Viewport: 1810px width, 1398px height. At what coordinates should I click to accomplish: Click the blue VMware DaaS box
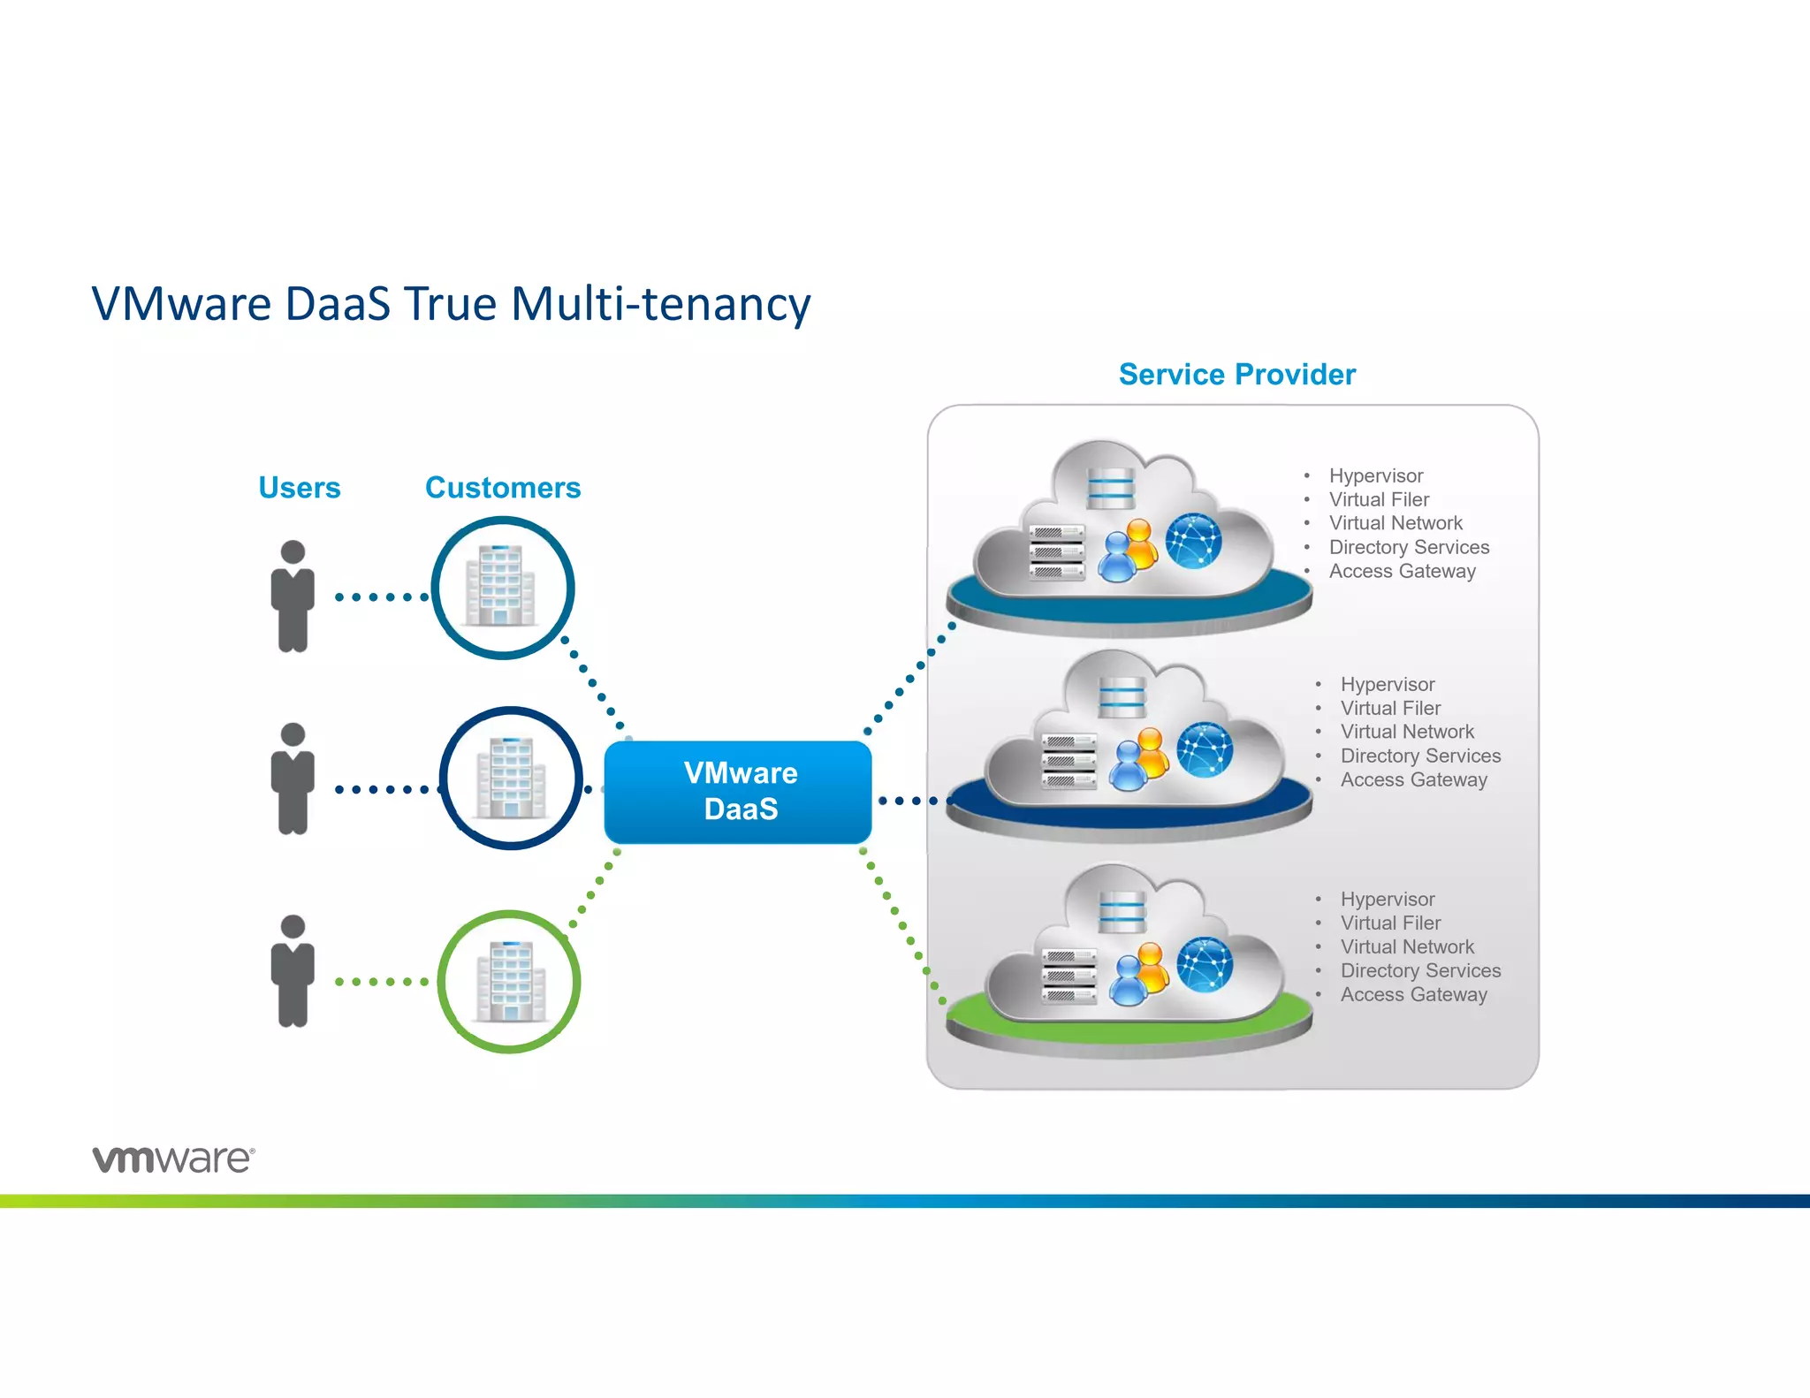[738, 791]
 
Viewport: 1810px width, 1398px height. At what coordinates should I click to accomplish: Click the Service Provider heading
[1236, 375]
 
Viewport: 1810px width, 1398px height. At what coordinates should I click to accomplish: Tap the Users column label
[299, 488]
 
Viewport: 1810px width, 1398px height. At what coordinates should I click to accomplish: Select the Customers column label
[502, 488]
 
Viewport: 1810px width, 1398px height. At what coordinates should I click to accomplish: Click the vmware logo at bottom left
[173, 1159]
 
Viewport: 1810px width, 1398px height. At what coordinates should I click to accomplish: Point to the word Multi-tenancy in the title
[660, 304]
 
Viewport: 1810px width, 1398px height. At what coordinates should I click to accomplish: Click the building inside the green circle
[511, 981]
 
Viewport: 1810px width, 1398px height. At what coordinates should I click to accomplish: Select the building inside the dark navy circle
[511, 778]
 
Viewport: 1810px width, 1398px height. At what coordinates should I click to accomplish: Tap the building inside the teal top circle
[501, 586]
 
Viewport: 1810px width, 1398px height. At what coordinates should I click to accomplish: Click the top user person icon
[293, 596]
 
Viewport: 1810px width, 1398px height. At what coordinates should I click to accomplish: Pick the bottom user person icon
[293, 970]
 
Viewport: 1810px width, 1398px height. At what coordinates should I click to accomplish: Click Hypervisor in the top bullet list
[1375, 475]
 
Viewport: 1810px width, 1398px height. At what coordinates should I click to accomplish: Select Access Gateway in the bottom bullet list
[1413, 994]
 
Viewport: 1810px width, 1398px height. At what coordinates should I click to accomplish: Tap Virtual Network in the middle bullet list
[1407, 732]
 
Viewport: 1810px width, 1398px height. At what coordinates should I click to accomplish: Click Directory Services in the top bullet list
[1409, 547]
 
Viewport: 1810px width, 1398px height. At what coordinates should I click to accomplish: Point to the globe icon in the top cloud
[1193, 541]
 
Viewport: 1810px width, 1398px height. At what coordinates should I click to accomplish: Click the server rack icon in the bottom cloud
[1069, 976]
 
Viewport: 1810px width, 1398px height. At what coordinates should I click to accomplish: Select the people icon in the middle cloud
[1139, 760]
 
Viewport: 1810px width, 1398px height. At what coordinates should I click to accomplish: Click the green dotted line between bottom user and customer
[382, 982]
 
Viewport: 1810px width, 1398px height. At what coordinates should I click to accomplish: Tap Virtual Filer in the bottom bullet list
[1390, 923]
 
